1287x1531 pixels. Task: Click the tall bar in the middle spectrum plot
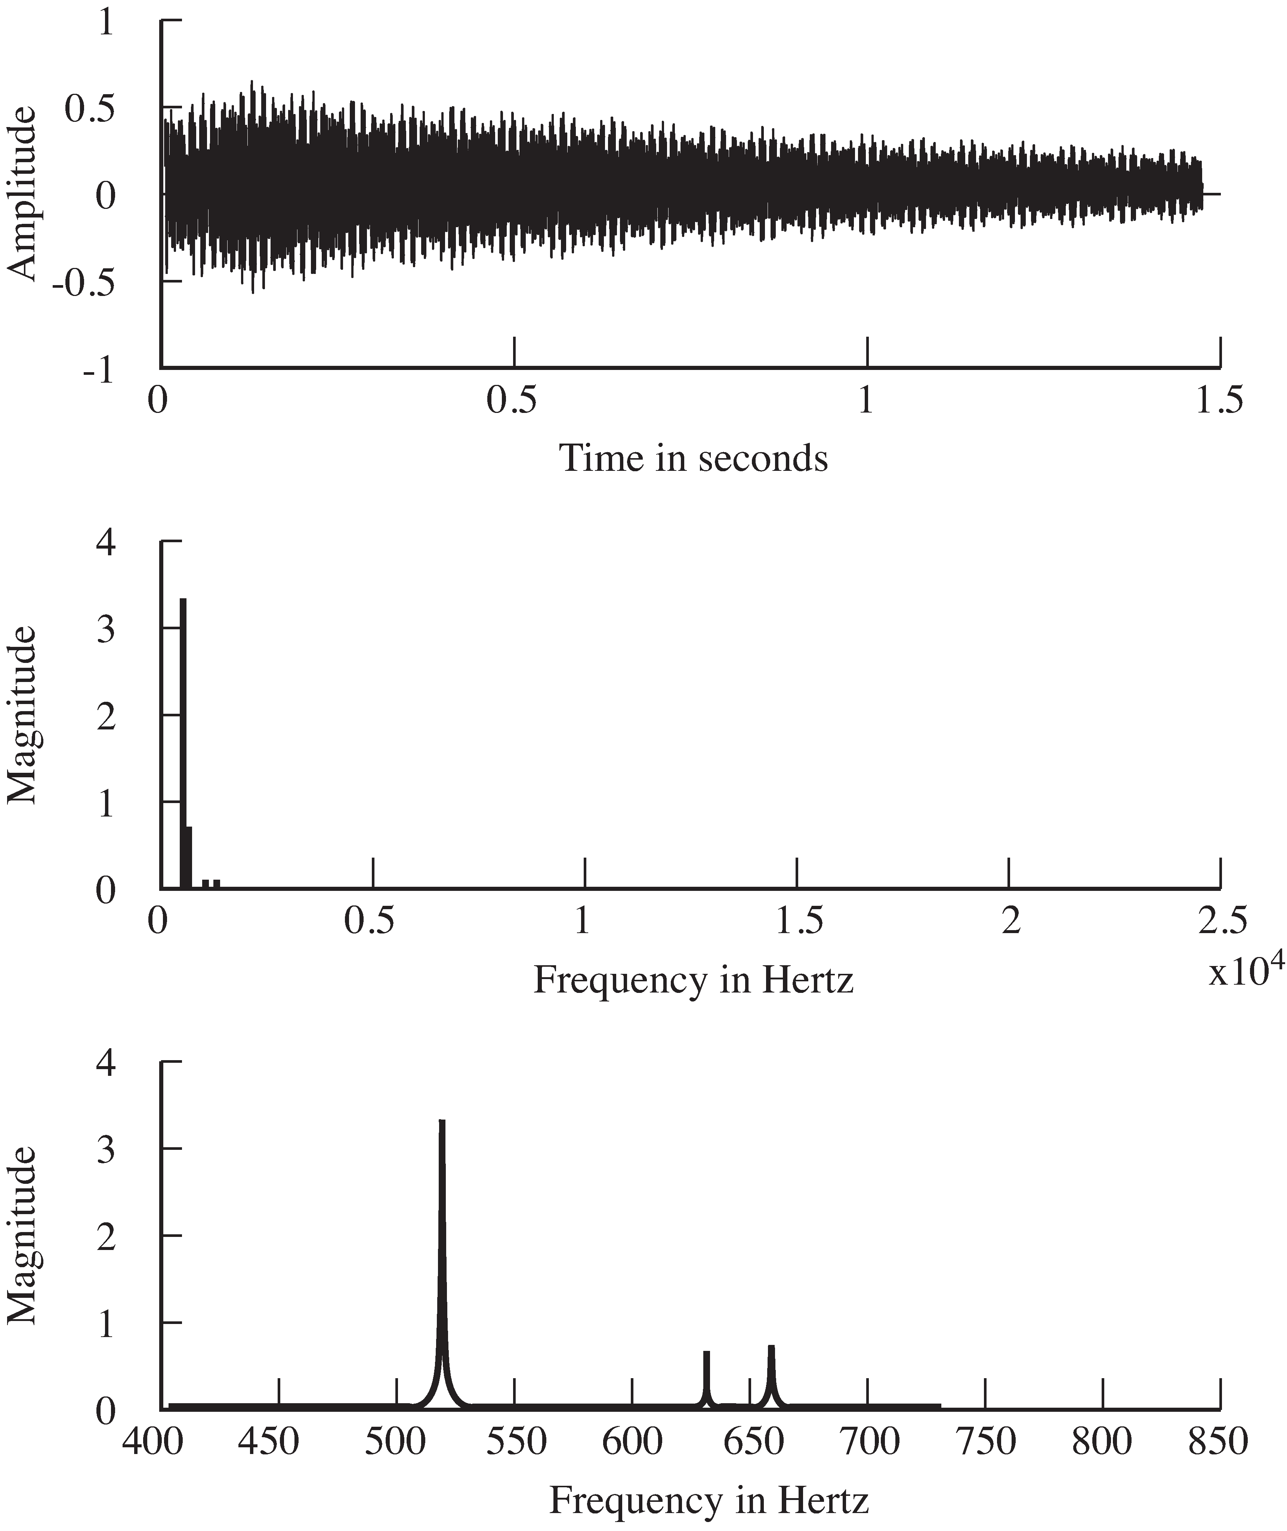click(183, 744)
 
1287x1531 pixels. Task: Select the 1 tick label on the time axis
click(866, 401)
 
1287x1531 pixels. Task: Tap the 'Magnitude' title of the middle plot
click(22, 715)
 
